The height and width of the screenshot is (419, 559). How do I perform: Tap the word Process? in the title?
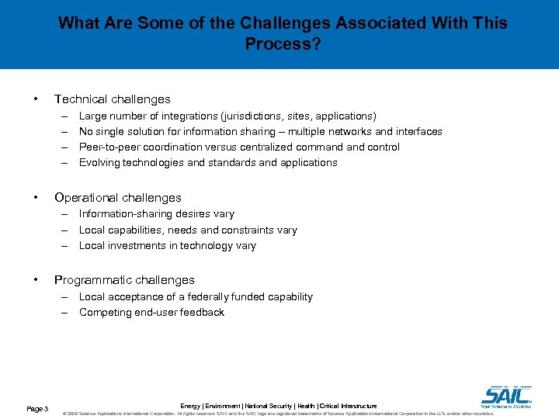(283, 44)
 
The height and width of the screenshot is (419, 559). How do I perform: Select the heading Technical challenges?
(112, 99)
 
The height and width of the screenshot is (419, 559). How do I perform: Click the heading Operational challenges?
(117, 198)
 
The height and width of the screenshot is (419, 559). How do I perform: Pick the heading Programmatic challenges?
(124, 280)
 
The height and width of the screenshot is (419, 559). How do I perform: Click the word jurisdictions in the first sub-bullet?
(258, 116)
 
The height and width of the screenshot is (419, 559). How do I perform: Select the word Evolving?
(101, 162)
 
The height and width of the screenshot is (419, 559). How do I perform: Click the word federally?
(204, 296)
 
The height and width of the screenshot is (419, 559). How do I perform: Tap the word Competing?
(105, 312)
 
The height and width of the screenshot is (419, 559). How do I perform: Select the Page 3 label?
(37, 409)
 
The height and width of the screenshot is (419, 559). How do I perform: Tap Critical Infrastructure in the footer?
(348, 406)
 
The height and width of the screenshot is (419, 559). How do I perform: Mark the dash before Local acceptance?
(68, 296)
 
